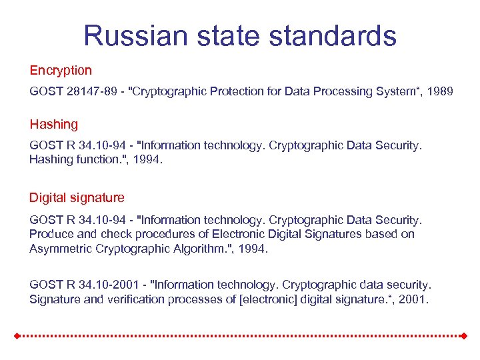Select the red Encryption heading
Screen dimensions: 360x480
pyautogui.click(x=61, y=70)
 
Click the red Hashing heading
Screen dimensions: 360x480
pyautogui.click(x=53, y=124)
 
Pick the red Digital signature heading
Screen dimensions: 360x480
pyautogui.click(x=77, y=197)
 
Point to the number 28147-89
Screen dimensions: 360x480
pyautogui.click(x=91, y=91)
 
